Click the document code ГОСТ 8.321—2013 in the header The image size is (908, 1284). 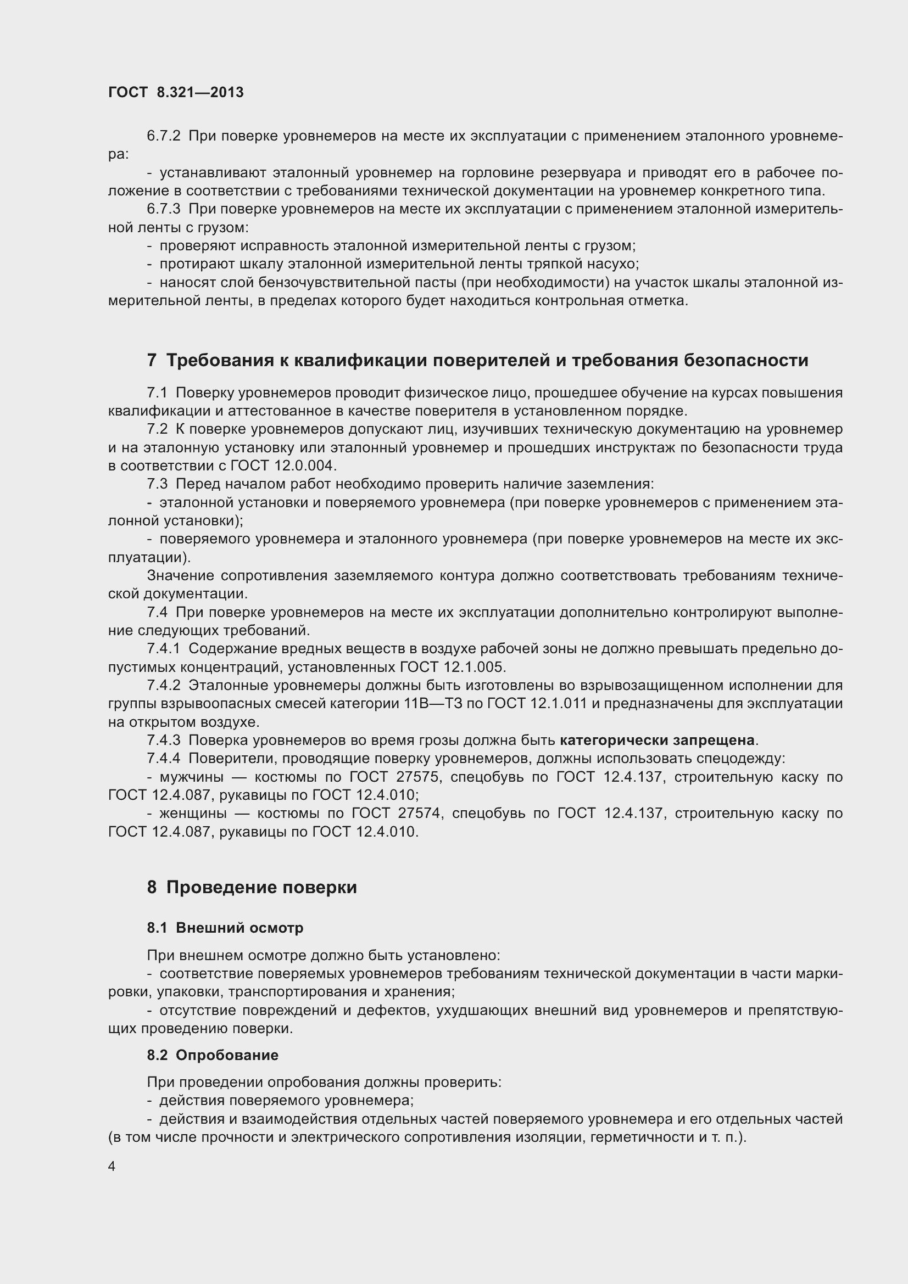176,92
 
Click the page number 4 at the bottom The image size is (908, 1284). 112,1167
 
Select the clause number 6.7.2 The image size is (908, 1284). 163,136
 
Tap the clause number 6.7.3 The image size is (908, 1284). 163,209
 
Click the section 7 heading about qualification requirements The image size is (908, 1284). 477,360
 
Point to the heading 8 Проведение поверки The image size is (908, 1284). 252,887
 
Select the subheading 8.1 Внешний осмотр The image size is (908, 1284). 225,928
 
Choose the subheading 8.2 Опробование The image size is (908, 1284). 213,1055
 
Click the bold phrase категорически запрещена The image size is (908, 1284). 658,741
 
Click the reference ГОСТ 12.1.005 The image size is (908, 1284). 452,667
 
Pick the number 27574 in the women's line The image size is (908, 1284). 421,813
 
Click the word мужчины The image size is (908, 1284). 192,777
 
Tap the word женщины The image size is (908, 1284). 193,813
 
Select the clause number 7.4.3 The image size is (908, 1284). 163,741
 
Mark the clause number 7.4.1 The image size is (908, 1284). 163,649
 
